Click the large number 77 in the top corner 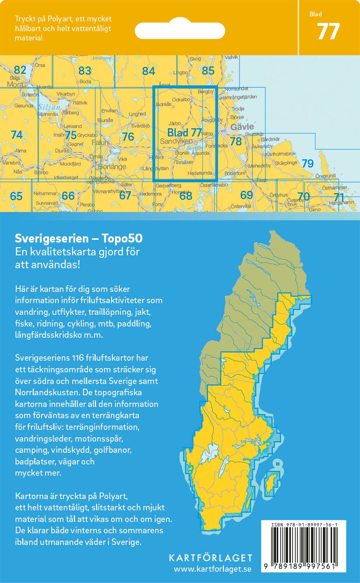point(329,32)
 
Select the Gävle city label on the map point(242,127)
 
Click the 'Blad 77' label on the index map point(184,133)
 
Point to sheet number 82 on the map point(20,70)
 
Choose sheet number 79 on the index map point(308,163)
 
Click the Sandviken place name point(176,141)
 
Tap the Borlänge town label point(112,167)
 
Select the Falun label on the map point(100,143)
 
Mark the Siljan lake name point(49,107)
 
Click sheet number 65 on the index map point(16,196)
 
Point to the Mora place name point(15,84)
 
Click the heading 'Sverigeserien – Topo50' point(79,238)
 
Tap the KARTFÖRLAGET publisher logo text point(210,558)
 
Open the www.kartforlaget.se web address point(212,569)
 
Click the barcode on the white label point(304,545)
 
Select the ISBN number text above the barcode point(304,525)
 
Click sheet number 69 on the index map point(246,195)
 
